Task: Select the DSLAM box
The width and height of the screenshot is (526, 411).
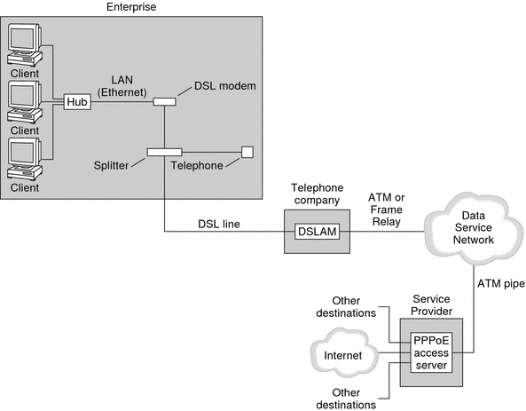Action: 313,233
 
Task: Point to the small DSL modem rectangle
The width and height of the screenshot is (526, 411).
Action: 164,102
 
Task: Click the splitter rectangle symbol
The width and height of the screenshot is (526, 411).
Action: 164,152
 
